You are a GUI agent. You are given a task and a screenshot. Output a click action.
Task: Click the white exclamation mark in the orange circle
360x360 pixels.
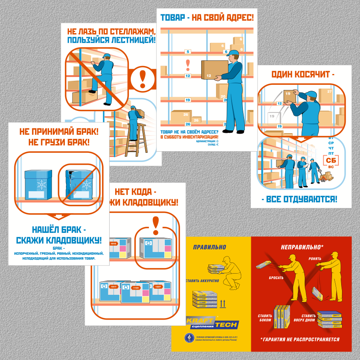click(142, 78)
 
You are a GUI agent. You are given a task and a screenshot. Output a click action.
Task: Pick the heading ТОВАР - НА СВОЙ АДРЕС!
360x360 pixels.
click(207, 18)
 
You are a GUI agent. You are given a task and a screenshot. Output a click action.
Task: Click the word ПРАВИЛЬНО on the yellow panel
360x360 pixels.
click(209, 247)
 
